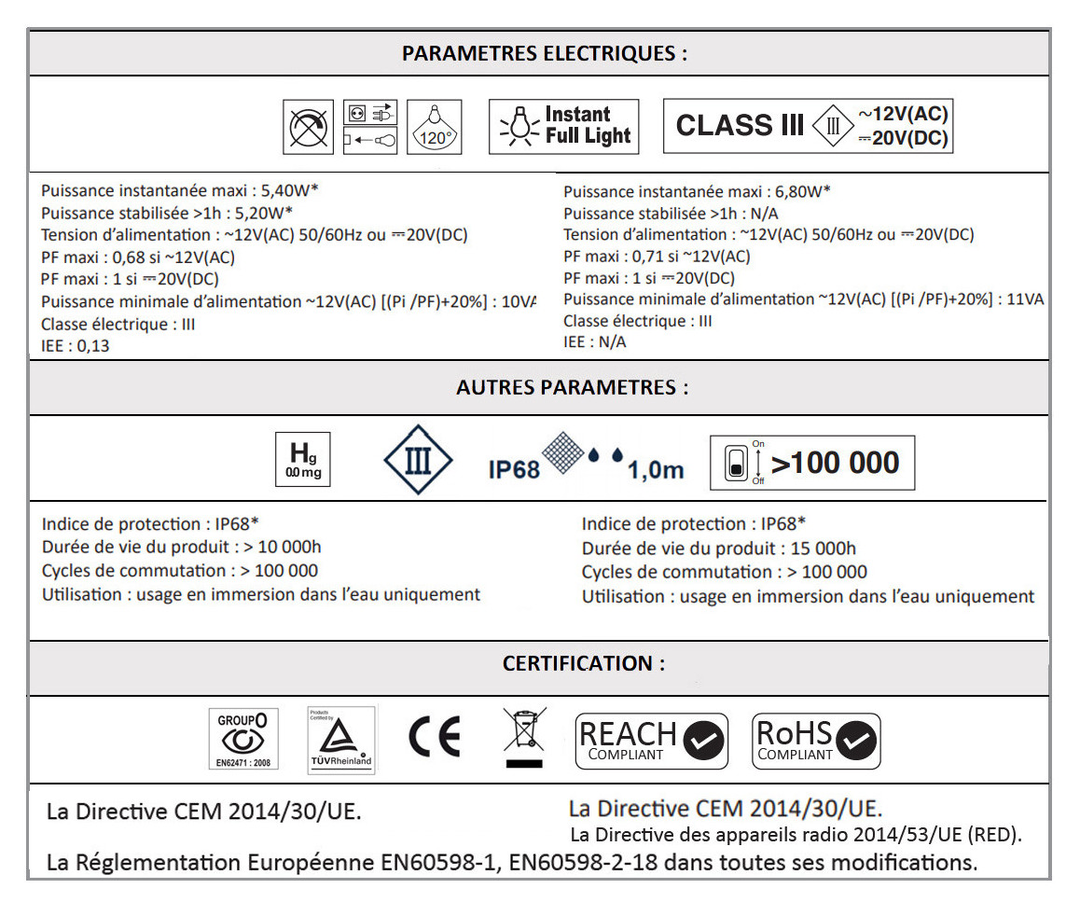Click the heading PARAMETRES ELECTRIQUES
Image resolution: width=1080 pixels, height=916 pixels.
[x=544, y=53]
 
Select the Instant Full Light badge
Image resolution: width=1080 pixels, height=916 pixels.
[x=563, y=126]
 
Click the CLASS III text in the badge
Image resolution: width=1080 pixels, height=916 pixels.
[x=740, y=126]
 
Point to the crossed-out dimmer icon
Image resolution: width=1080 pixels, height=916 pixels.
[x=309, y=127]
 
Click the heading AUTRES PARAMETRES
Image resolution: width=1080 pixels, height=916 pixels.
[x=572, y=388]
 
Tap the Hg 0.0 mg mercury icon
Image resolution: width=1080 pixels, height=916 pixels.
[x=302, y=460]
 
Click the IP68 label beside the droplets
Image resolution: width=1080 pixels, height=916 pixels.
[x=514, y=468]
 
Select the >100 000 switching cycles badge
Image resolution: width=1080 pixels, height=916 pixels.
[x=811, y=463]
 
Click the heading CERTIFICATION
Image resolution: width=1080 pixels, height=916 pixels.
[x=584, y=664]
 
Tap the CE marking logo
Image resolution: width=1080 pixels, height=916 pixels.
[x=435, y=739]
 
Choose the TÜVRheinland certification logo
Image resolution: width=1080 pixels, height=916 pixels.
[x=340, y=741]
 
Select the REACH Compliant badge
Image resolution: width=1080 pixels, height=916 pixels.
[x=651, y=741]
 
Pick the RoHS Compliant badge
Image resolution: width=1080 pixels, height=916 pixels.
[x=815, y=741]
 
